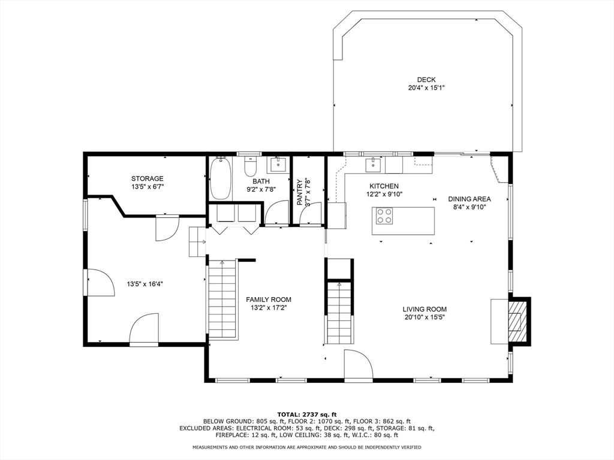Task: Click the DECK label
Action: pyautogui.click(x=426, y=80)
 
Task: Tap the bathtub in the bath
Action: pyautogui.click(x=221, y=178)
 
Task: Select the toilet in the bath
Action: pyautogui.click(x=250, y=167)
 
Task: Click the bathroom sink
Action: pyautogui.click(x=279, y=165)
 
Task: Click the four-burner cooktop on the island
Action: pyautogui.click(x=384, y=216)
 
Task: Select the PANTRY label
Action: pyautogui.click(x=300, y=192)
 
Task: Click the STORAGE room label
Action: pyautogui.click(x=148, y=178)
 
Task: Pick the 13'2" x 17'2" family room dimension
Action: pyautogui.click(x=269, y=308)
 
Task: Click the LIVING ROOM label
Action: pyautogui.click(x=425, y=309)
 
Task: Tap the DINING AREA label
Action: pyautogui.click(x=469, y=199)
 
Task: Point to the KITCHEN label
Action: pyautogui.click(x=384, y=186)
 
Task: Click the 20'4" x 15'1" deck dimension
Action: pyautogui.click(x=426, y=88)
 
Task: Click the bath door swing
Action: pyautogui.click(x=277, y=213)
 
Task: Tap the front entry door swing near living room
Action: pyautogui.click(x=359, y=364)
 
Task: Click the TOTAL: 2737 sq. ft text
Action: pyautogui.click(x=307, y=414)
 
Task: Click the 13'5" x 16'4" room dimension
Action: pyautogui.click(x=145, y=284)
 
